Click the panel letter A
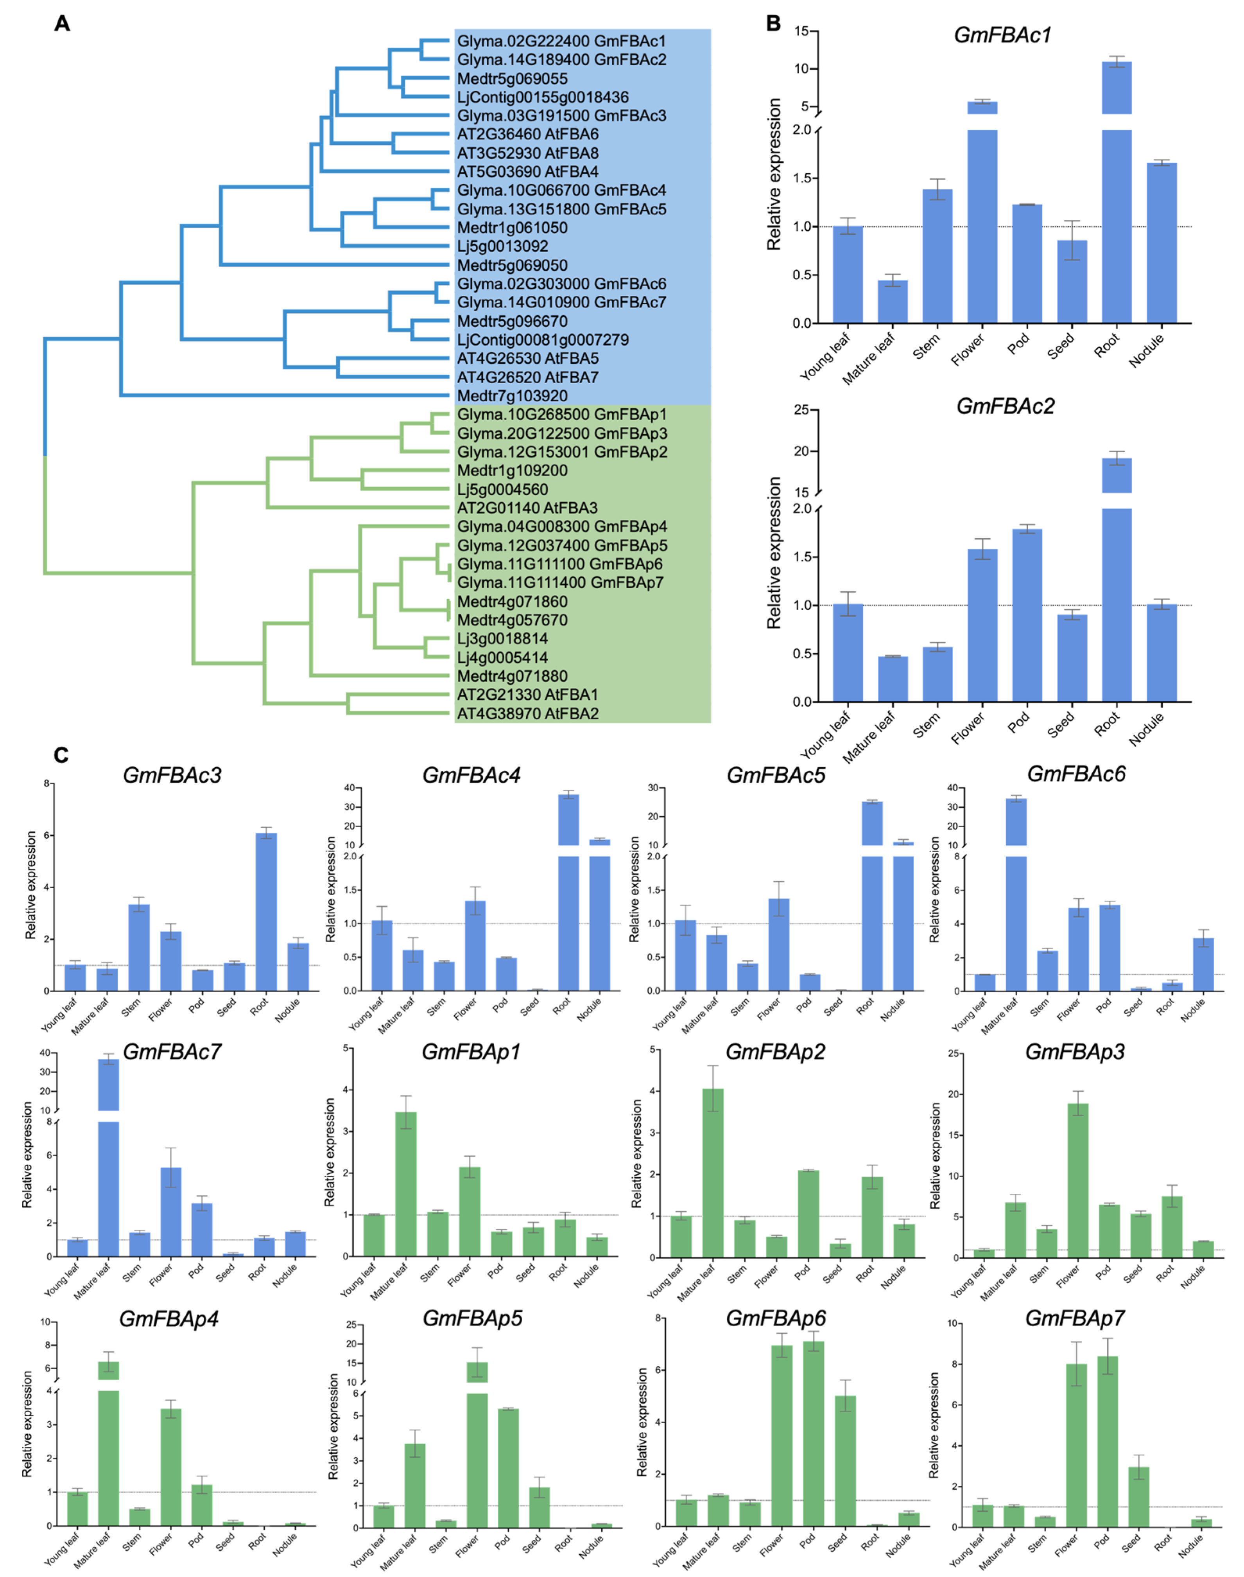63,24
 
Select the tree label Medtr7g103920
512,396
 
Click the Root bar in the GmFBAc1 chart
1117,219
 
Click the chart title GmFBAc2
1005,406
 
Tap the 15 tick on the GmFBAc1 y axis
801,31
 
